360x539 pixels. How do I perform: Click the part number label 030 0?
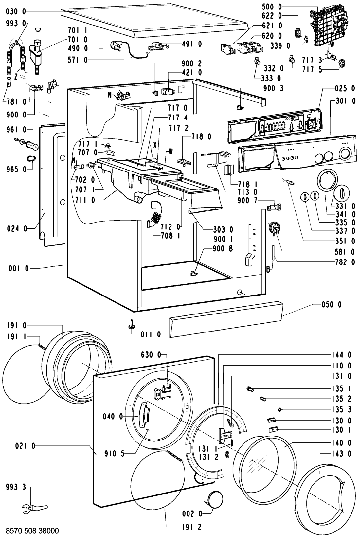tap(16, 11)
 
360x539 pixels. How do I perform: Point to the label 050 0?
tap(332, 305)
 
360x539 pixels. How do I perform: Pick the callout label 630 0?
tap(151, 355)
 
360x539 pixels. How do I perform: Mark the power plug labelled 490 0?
tap(116, 46)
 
